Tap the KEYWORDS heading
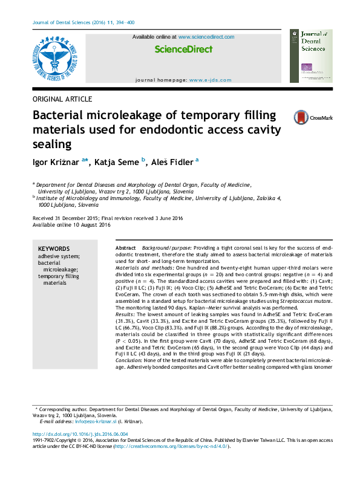pyautogui.click(x=54, y=248)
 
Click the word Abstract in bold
pyautogui.click(x=126, y=249)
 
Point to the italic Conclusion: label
pyautogui.click(x=130, y=360)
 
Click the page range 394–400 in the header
pyautogui.click(x=125, y=22)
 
